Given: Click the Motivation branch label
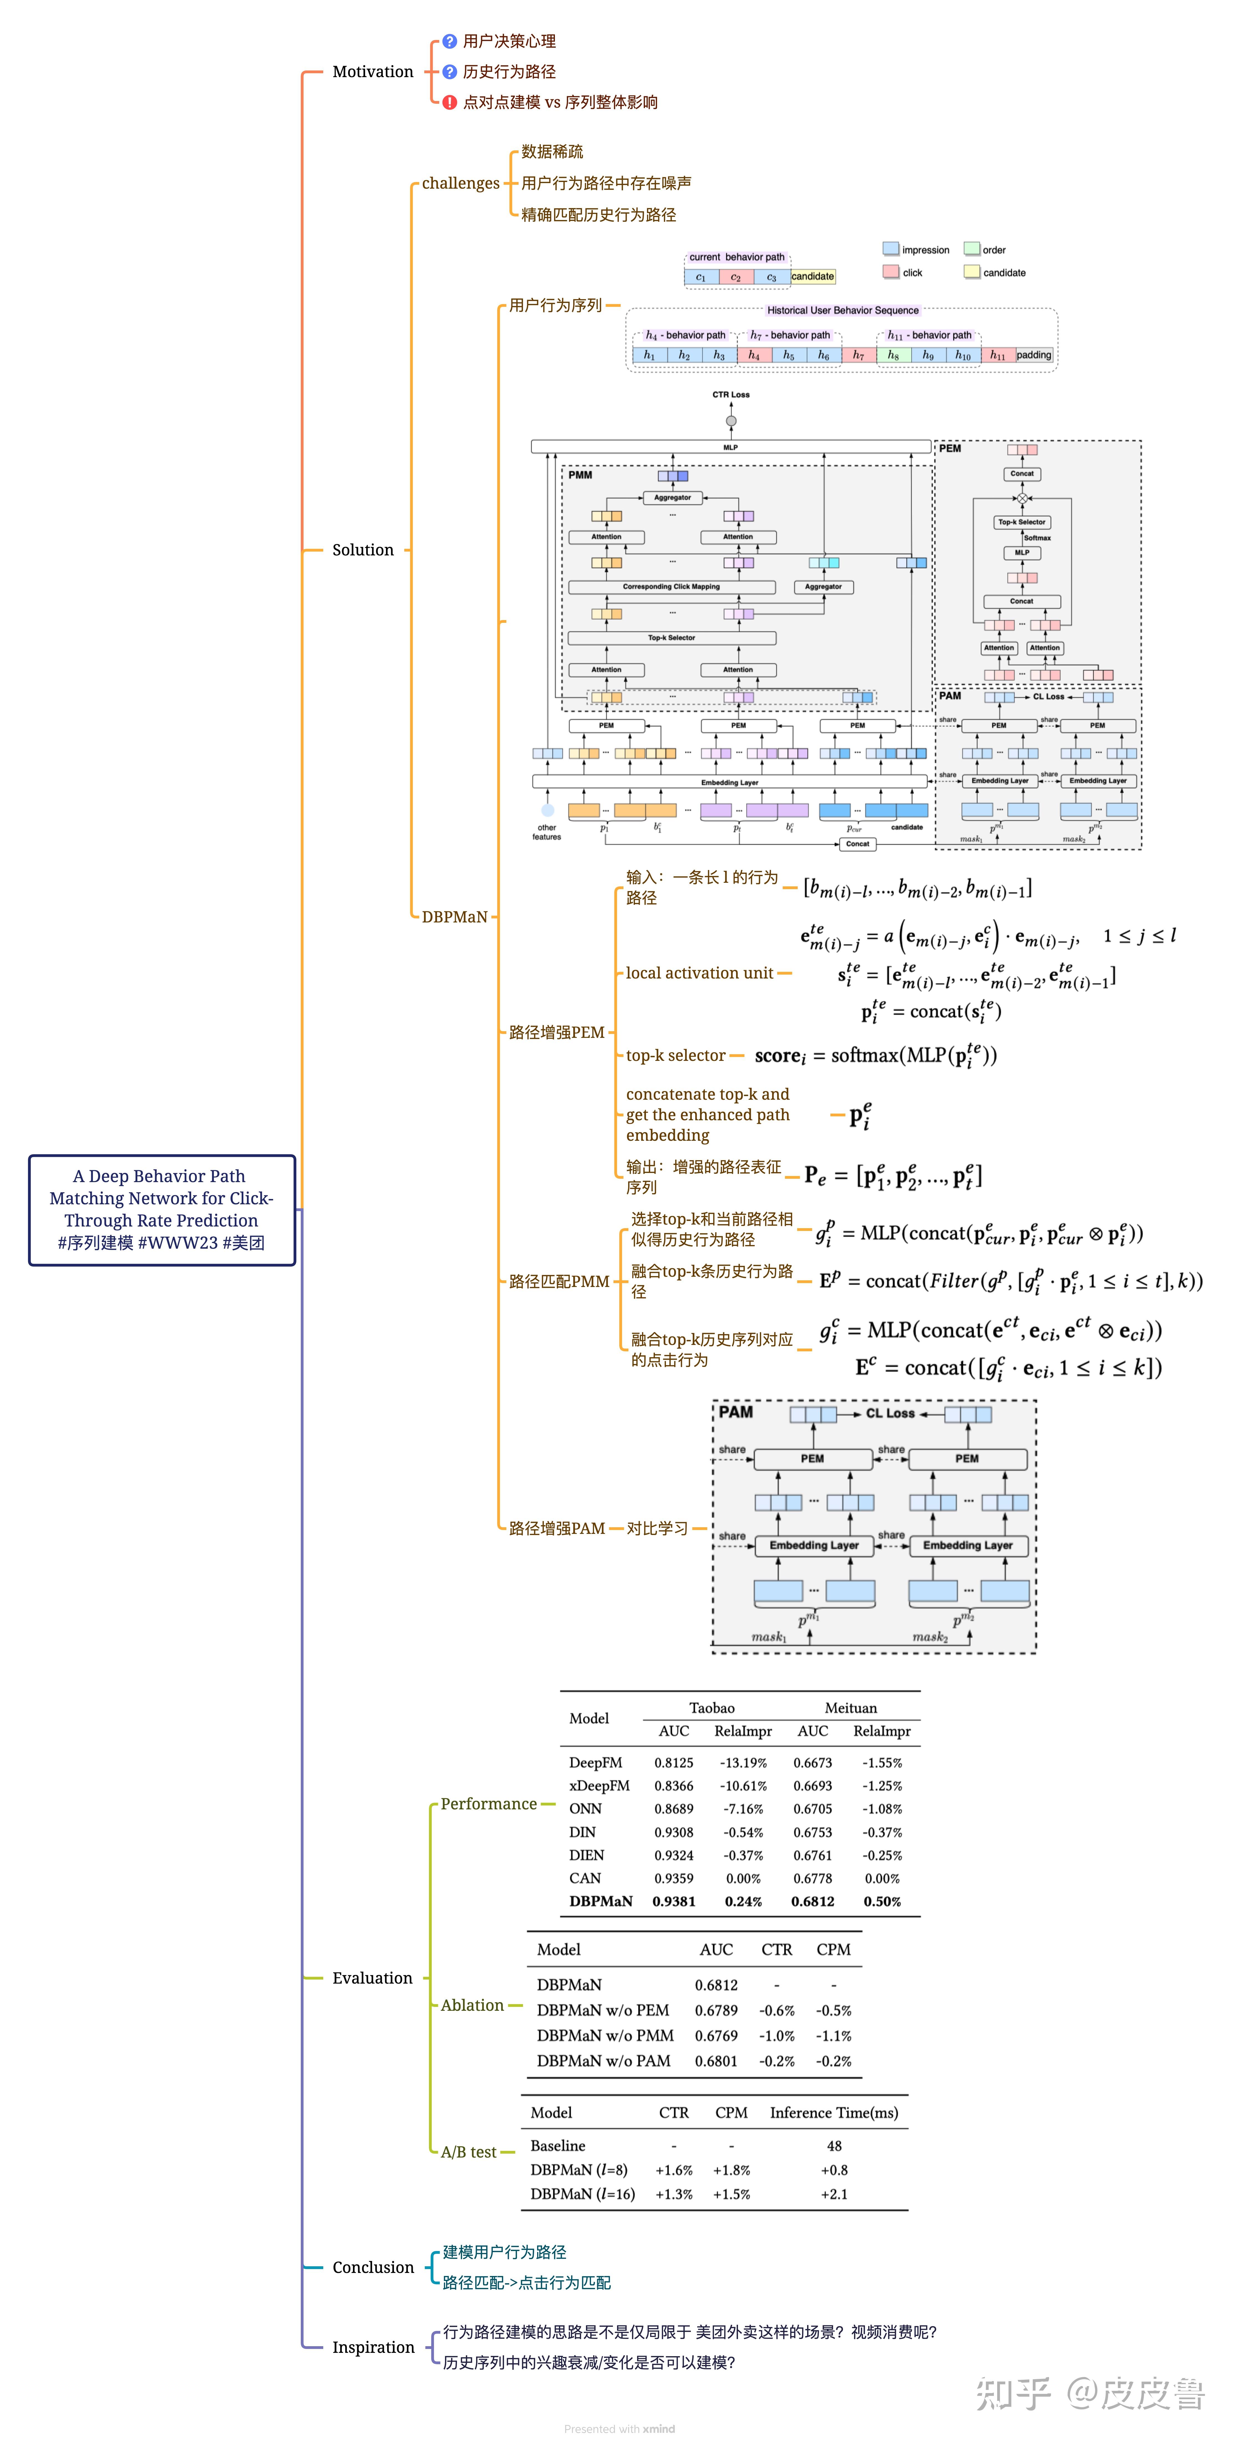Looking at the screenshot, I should click(373, 72).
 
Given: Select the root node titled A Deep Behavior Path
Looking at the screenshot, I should click(161, 1209).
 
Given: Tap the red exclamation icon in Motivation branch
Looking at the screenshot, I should click(450, 102).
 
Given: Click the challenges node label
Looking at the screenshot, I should click(460, 183).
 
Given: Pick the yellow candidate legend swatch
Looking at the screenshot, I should click(971, 272).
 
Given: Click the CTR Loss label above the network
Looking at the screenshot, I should click(731, 394).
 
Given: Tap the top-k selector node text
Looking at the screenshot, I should click(675, 1056).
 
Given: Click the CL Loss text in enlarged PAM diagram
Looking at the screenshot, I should click(890, 1413).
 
